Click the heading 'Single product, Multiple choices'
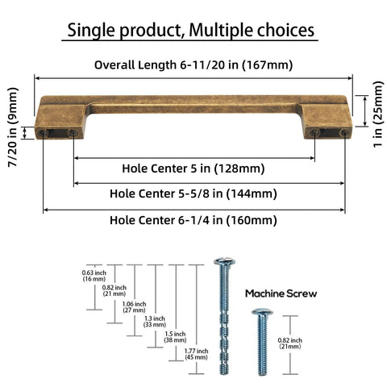pyautogui.click(x=190, y=30)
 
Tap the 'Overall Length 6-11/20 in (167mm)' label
pyautogui.click(x=193, y=65)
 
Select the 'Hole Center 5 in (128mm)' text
pyautogui.click(x=193, y=169)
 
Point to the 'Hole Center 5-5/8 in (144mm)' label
pyautogui.click(x=193, y=193)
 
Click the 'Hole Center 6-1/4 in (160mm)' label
pyautogui.click(x=193, y=220)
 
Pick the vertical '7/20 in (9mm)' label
pyautogui.click(x=13, y=127)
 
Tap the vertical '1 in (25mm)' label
pyautogui.click(x=377, y=114)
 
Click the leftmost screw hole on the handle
pyautogui.click(x=43, y=133)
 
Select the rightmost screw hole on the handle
pyautogui.click(x=344, y=132)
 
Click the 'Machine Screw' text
pyautogui.click(x=281, y=293)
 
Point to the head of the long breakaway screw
pyautogui.click(x=225, y=261)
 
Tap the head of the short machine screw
pyautogui.click(x=262, y=312)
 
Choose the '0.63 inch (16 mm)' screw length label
pyautogui.click(x=94, y=276)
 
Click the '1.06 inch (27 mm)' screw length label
pyautogui.click(x=134, y=307)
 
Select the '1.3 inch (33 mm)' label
pyautogui.click(x=155, y=322)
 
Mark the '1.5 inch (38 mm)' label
pyautogui.click(x=175, y=337)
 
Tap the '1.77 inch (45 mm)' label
pyautogui.click(x=196, y=354)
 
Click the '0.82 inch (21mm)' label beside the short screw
pyautogui.click(x=290, y=343)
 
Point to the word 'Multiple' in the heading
pyautogui.click(x=220, y=31)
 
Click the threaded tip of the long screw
pyautogui.click(x=224, y=369)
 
